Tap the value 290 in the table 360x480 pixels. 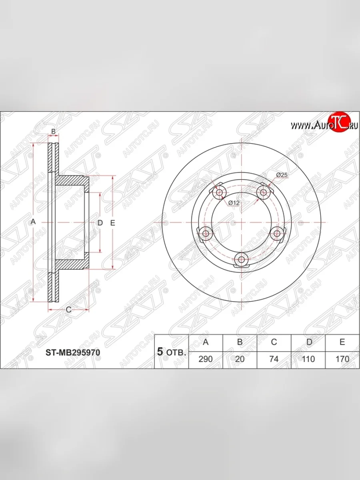[206, 359]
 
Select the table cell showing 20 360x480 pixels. [240, 359]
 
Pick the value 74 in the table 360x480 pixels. [274, 359]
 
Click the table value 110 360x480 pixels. [308, 359]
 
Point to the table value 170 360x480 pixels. [342, 359]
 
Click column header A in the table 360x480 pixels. [206, 342]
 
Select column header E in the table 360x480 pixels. [342, 342]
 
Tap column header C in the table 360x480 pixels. [274, 342]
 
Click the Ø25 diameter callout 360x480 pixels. [282, 175]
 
